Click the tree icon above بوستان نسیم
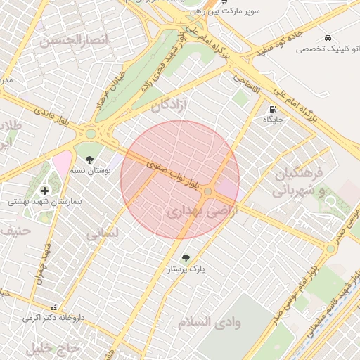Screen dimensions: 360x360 coord(89,160)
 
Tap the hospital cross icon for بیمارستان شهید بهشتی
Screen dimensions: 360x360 coord(45,191)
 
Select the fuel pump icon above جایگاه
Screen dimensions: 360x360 coord(272,109)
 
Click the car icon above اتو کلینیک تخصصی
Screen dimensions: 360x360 coord(328,37)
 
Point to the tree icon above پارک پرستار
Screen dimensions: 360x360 coord(186,258)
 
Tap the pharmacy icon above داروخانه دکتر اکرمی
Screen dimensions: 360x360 coord(53,307)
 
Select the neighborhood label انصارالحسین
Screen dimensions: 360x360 coord(75,40)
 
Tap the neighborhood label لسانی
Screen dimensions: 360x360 coord(102,234)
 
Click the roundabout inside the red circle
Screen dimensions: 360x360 coord(208,191)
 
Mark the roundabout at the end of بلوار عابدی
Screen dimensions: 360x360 coord(91,133)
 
